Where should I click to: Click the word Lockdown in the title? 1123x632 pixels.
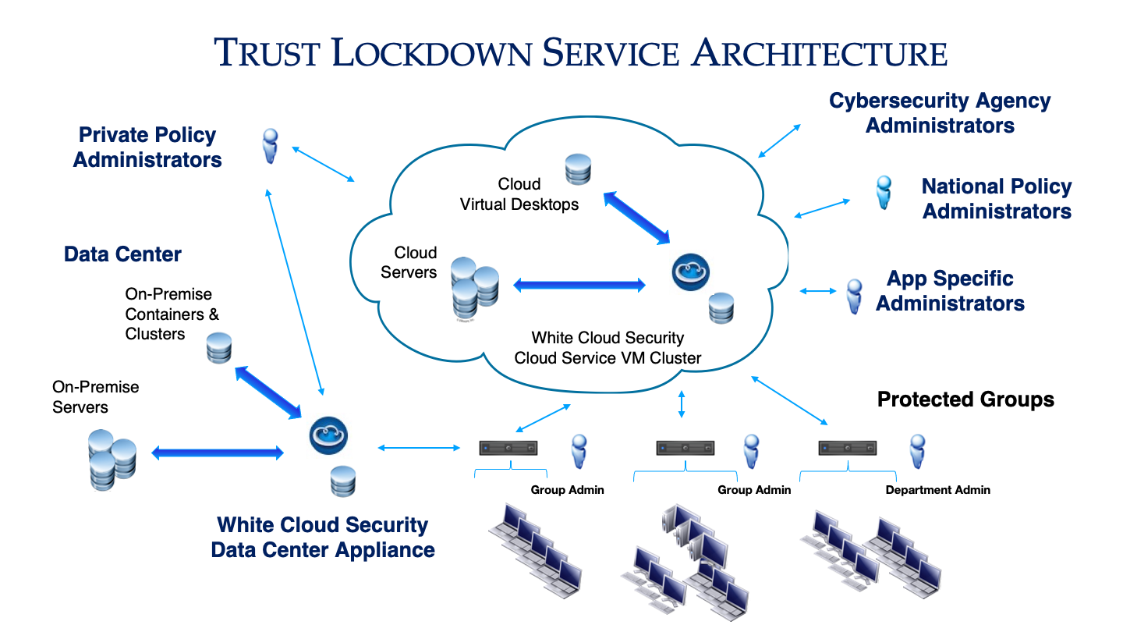pos(426,53)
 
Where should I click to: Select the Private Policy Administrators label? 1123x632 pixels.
pos(147,147)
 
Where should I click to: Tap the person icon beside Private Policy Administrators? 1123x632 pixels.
pos(270,146)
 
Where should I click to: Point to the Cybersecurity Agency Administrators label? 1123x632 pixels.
pos(940,113)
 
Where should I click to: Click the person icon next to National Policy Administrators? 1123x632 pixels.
pos(883,192)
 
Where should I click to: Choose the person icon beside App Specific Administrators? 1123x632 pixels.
pos(855,296)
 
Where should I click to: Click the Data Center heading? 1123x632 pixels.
pos(122,254)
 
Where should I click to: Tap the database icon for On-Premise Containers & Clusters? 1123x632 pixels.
pos(219,348)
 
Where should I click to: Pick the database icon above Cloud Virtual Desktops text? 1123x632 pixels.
pos(578,169)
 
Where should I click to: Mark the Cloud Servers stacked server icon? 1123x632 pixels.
pos(473,287)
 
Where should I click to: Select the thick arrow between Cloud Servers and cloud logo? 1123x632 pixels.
pos(579,286)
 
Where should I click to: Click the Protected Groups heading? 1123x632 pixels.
pos(965,399)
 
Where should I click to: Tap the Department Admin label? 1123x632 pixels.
pos(937,490)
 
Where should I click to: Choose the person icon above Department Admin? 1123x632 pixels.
pos(918,452)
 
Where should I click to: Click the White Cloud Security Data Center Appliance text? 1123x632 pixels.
pos(323,538)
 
